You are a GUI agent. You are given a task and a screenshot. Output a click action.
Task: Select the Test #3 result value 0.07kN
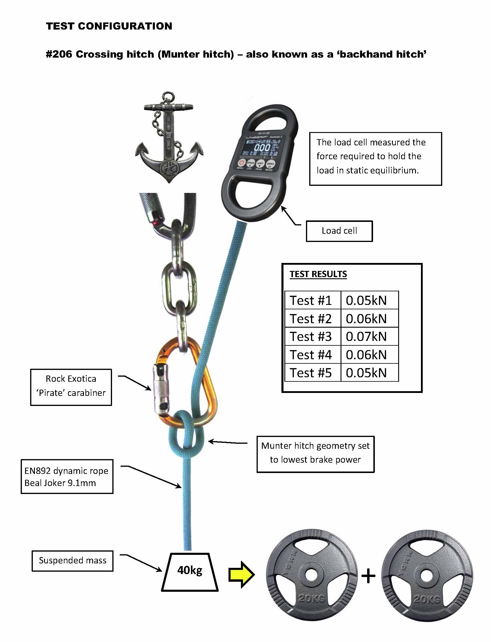click(366, 337)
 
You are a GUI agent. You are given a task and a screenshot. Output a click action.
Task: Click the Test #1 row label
click(311, 300)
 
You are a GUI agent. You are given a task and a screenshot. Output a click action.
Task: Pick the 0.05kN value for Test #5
click(366, 373)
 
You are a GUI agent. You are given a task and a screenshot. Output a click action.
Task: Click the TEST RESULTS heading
click(318, 274)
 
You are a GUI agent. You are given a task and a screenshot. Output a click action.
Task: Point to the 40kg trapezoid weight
click(190, 572)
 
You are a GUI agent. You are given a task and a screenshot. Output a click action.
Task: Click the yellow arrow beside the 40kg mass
click(241, 574)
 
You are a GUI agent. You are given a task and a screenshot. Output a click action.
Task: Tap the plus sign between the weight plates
click(368, 576)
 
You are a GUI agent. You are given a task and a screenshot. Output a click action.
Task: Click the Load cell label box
click(339, 231)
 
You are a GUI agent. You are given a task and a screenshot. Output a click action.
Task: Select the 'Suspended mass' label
click(72, 560)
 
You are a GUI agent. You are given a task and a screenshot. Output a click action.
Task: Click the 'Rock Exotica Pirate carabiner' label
click(71, 386)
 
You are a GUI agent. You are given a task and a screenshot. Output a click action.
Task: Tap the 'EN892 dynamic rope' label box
click(67, 476)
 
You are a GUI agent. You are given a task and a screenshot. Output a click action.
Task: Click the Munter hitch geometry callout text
click(315, 452)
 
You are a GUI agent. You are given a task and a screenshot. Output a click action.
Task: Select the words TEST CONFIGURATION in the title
click(109, 26)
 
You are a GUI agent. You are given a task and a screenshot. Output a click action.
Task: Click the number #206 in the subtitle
click(59, 54)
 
